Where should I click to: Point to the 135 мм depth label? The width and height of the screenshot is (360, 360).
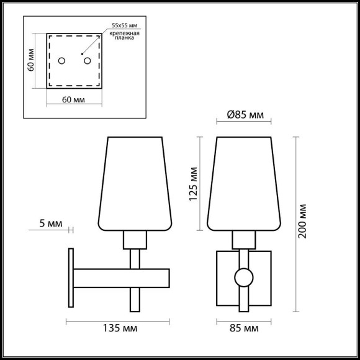pyautogui.click(x=117, y=327)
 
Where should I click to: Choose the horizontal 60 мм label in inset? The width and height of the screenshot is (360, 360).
pyautogui.click(x=74, y=99)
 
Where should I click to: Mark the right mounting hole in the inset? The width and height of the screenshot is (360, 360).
pyautogui.click(x=87, y=60)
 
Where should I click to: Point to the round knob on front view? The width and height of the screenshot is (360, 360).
pyautogui.click(x=244, y=277)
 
